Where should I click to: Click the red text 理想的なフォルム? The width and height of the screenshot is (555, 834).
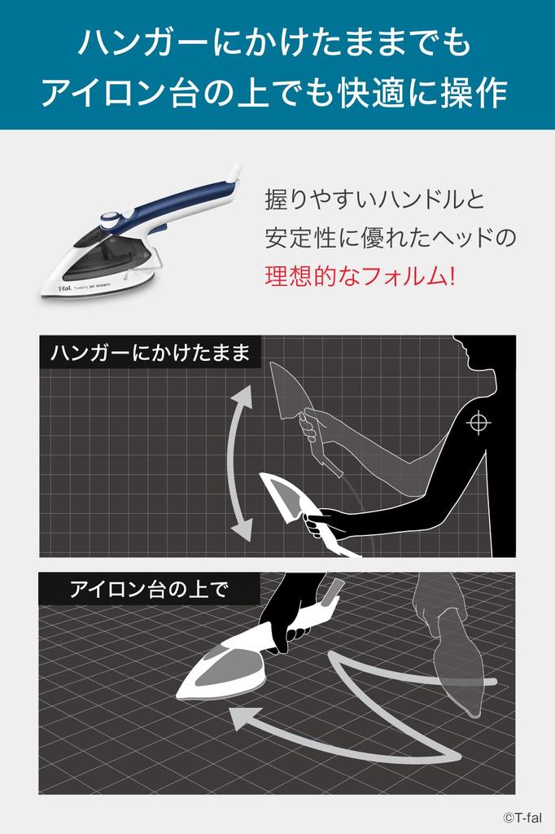pyautogui.click(x=360, y=275)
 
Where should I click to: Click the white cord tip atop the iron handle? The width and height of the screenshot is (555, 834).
pyautogui.click(x=234, y=172)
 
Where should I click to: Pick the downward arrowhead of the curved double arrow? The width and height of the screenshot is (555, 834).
pyautogui.click(x=242, y=529)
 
